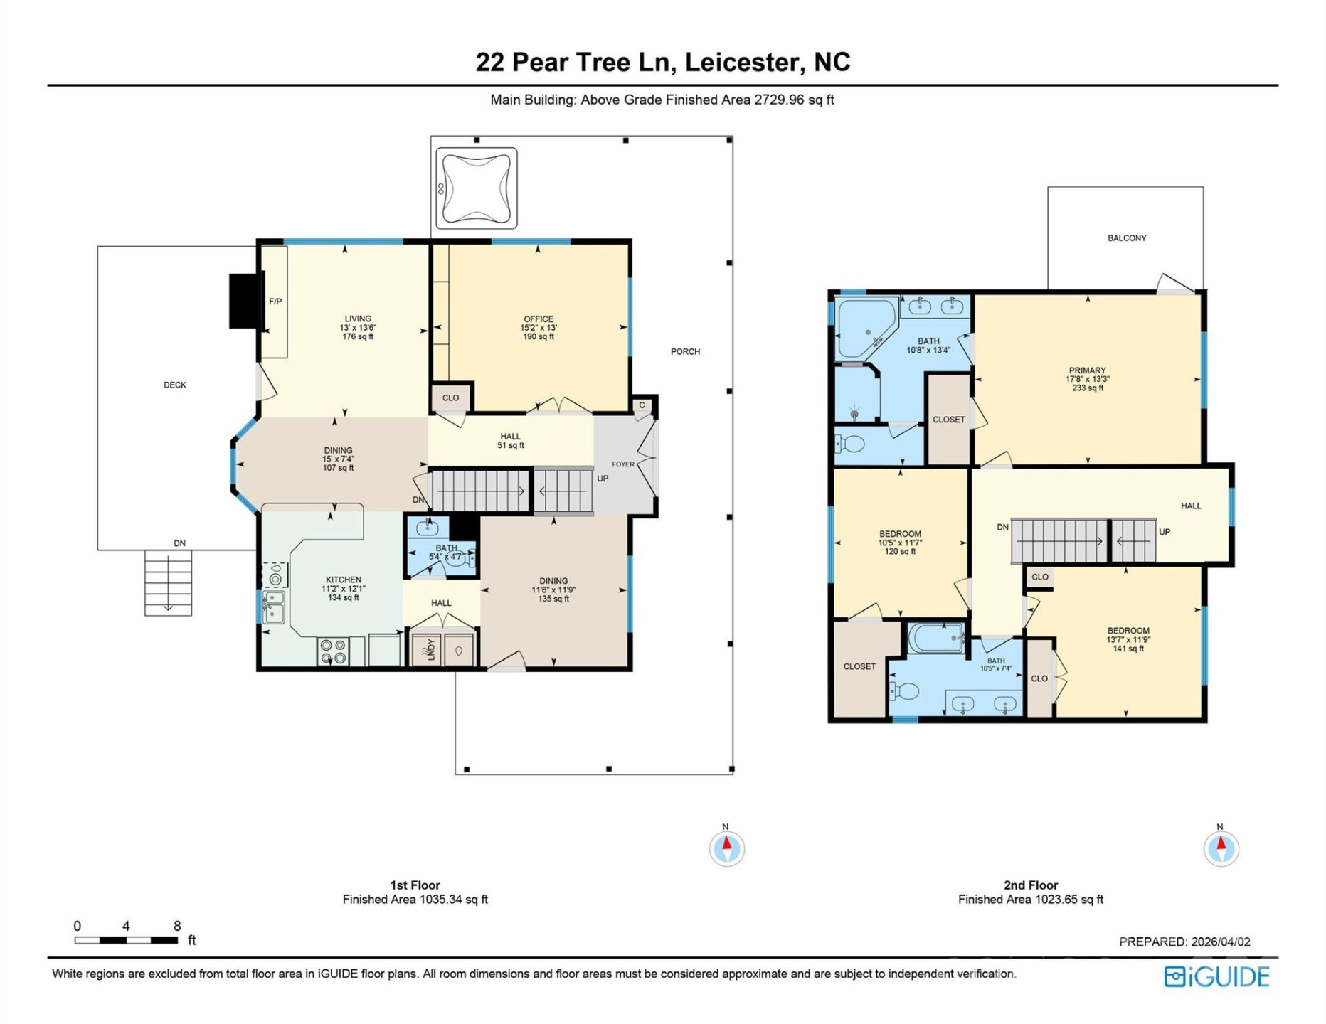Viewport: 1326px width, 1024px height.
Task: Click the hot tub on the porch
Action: (476, 188)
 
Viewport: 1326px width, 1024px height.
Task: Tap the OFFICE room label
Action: (539, 319)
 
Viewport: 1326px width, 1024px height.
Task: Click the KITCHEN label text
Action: (344, 580)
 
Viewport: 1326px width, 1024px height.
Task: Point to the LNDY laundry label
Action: (431, 650)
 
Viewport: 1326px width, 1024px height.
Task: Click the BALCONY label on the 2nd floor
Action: (1127, 238)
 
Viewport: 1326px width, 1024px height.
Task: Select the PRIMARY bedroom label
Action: (1087, 370)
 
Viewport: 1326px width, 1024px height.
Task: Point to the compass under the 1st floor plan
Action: (726, 848)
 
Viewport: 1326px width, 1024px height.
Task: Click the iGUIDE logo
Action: (1216, 976)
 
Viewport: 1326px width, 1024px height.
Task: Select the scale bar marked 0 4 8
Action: (126, 940)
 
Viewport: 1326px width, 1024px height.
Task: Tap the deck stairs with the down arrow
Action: (168, 582)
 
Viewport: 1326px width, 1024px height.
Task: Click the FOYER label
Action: (623, 464)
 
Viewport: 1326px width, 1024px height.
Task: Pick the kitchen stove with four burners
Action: (333, 651)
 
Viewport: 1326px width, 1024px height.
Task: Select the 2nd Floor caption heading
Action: (1030, 885)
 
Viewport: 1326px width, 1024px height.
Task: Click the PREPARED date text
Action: (1184, 942)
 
